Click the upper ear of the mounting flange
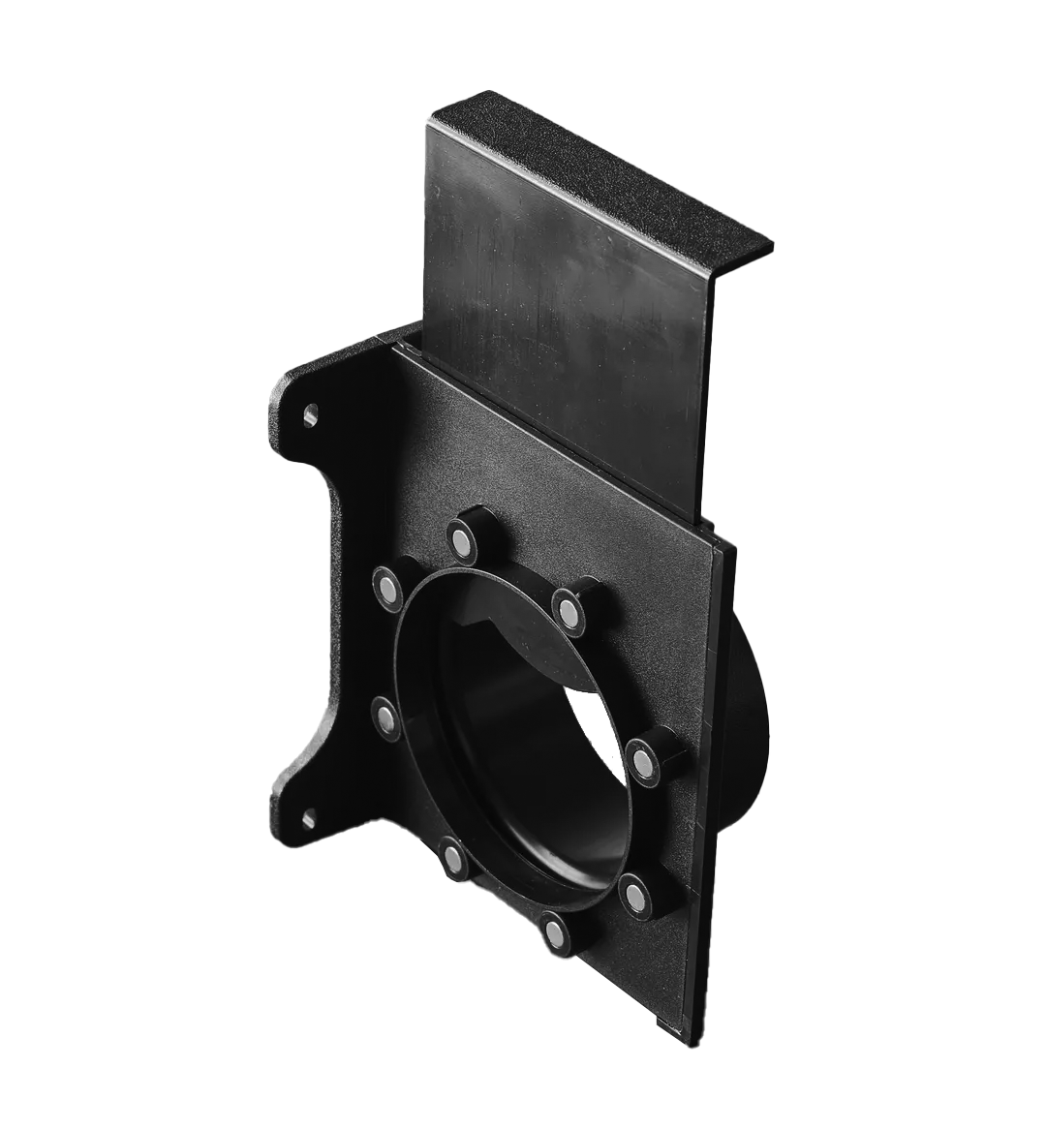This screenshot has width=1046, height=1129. coord(295,387)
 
